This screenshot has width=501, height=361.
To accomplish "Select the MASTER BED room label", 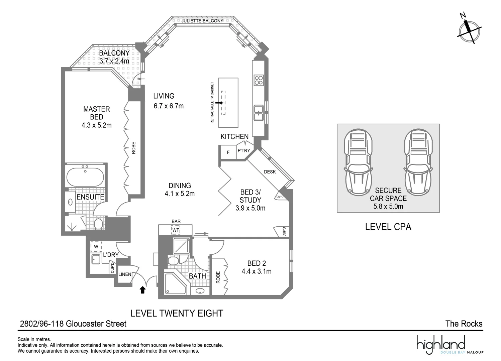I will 97,113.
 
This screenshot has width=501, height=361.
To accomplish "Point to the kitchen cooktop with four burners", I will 259,80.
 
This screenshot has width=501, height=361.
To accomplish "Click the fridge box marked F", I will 228,152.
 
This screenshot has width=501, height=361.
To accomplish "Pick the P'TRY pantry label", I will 244,151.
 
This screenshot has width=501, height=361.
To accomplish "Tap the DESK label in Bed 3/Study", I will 270,172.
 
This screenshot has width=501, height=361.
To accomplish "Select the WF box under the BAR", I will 176,230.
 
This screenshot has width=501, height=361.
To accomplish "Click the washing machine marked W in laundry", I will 96,247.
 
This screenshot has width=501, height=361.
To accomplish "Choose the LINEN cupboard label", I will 125,274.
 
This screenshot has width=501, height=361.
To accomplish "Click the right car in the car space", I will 418,162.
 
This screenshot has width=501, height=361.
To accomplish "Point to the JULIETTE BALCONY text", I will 202,21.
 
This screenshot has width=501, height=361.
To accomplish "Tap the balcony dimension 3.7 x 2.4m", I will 114,62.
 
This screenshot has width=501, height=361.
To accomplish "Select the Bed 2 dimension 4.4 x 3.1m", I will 257,271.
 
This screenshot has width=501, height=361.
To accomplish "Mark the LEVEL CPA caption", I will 388,227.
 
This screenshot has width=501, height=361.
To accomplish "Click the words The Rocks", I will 464,324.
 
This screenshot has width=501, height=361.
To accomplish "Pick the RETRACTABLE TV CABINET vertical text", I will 212,103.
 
